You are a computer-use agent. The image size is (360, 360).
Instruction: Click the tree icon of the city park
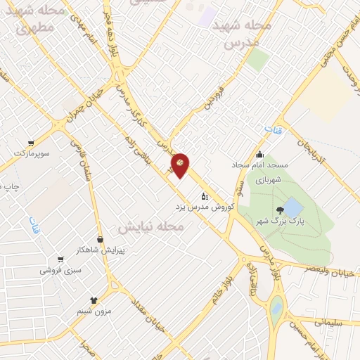[x=281, y=209]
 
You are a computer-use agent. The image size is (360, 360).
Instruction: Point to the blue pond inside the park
[x=293, y=207]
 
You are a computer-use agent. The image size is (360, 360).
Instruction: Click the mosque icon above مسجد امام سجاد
[x=260, y=155]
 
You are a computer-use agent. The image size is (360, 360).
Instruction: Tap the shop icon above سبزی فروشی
[x=61, y=258]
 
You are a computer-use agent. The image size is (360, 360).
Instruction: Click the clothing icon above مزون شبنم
[x=93, y=299]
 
